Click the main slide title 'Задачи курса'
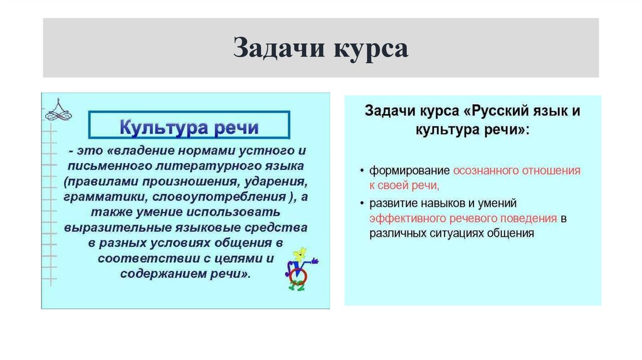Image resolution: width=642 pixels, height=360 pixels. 320,48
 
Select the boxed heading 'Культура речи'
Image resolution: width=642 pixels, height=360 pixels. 189,127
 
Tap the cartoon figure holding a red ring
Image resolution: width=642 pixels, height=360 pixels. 300,268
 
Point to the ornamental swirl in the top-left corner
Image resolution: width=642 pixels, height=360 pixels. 58,110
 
